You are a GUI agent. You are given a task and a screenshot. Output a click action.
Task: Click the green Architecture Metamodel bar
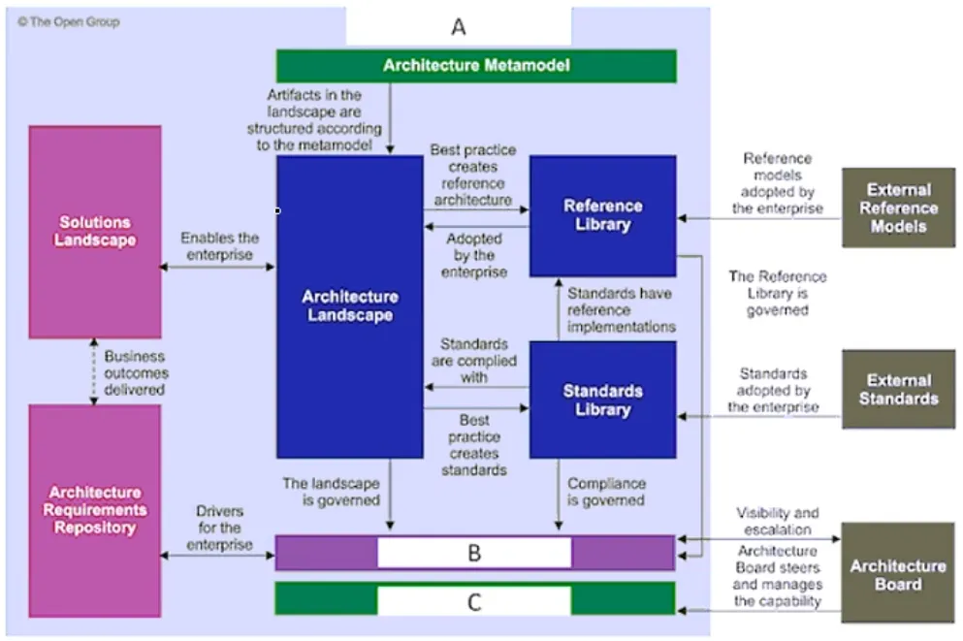click(476, 66)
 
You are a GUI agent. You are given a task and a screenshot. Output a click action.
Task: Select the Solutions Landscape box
click(95, 232)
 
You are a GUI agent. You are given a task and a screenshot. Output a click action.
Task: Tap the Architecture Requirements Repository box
click(95, 511)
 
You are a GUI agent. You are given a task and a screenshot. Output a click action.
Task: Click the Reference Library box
click(603, 215)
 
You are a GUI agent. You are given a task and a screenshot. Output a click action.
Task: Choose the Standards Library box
click(603, 400)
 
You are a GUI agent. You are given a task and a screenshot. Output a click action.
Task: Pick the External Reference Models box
click(899, 208)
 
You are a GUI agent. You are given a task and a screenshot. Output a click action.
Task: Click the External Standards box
click(899, 389)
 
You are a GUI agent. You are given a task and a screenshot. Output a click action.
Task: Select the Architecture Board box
click(898, 573)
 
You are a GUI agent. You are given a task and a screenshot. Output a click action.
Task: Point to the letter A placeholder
click(459, 26)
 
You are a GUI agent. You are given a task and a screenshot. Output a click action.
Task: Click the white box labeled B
click(474, 553)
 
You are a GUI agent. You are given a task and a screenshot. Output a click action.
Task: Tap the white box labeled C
click(474, 601)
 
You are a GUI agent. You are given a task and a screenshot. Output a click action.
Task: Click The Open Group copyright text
click(69, 22)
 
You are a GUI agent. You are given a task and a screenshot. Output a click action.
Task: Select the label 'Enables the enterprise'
click(219, 246)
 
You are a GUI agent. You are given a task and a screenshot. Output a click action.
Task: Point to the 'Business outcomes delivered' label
click(135, 372)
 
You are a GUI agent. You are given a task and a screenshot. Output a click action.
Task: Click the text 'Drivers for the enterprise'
click(219, 528)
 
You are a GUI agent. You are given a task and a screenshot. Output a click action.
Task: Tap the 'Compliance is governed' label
click(606, 492)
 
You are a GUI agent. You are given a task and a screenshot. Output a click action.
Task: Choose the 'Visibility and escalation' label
click(778, 521)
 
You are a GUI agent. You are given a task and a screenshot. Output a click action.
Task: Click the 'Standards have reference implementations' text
click(621, 309)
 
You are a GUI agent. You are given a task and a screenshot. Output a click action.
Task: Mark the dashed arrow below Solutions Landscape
click(94, 371)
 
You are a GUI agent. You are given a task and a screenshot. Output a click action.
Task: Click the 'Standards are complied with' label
click(474, 361)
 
